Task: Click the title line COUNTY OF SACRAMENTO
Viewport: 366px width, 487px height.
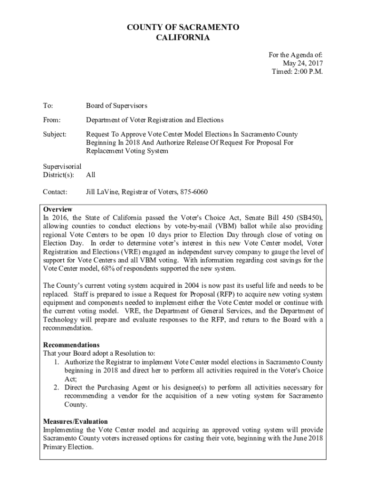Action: point(183,28)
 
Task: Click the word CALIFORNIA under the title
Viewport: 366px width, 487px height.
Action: point(183,38)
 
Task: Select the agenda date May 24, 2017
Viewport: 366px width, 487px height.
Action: point(303,63)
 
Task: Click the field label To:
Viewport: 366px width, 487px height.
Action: point(48,106)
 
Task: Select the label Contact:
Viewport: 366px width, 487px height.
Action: point(55,192)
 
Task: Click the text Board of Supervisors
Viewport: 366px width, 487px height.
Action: point(116,106)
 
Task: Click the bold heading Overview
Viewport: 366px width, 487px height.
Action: point(58,209)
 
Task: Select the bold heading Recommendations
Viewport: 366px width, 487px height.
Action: point(71,345)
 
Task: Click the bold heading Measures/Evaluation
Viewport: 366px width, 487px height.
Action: point(76,421)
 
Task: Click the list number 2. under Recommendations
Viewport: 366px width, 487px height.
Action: point(57,388)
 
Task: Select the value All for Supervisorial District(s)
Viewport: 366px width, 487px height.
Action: point(91,175)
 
